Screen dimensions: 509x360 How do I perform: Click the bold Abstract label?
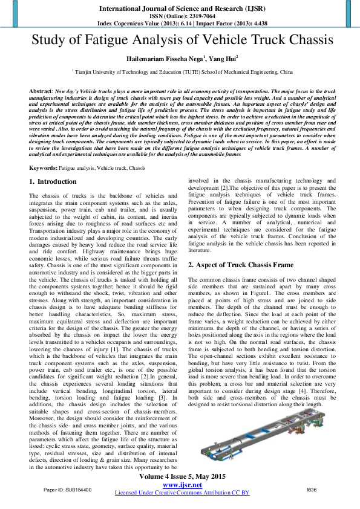pos(41,89)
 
